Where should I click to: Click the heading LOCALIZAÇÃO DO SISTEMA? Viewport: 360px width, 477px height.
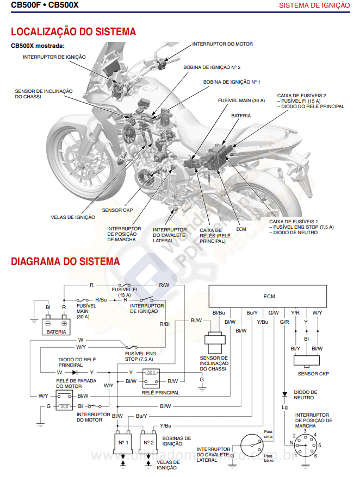point(73,32)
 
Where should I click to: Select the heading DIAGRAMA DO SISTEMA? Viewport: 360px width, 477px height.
point(65,261)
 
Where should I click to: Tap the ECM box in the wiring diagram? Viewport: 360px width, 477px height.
point(269,297)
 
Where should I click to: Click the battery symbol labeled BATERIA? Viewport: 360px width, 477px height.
point(56,324)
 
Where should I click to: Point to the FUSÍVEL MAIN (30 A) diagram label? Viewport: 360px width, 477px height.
point(86,311)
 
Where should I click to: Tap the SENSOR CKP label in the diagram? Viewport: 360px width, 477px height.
point(313,374)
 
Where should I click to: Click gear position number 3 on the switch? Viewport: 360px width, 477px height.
point(305,431)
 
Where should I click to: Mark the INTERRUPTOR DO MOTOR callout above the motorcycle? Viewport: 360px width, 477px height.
point(222,44)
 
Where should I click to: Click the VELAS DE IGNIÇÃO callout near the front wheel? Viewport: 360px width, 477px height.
point(73,217)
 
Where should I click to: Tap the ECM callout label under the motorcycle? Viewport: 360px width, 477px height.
point(241,229)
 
